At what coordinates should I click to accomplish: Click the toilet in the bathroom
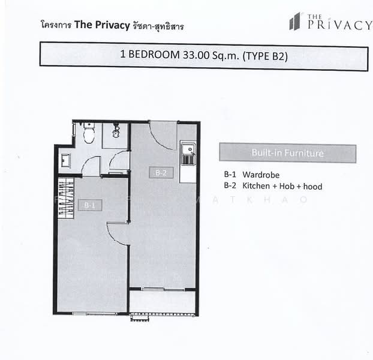point(89,134)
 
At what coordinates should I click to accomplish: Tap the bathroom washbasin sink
point(65,159)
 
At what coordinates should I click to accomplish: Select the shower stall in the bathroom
point(115,135)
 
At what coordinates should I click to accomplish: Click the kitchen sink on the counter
point(188,154)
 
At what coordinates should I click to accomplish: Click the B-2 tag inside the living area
point(160,173)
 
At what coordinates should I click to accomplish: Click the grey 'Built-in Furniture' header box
point(287,153)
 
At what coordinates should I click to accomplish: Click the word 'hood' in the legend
point(313,187)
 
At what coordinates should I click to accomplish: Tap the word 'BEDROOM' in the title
point(153,55)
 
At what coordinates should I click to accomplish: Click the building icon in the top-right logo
point(294,22)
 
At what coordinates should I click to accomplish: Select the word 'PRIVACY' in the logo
point(338,25)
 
